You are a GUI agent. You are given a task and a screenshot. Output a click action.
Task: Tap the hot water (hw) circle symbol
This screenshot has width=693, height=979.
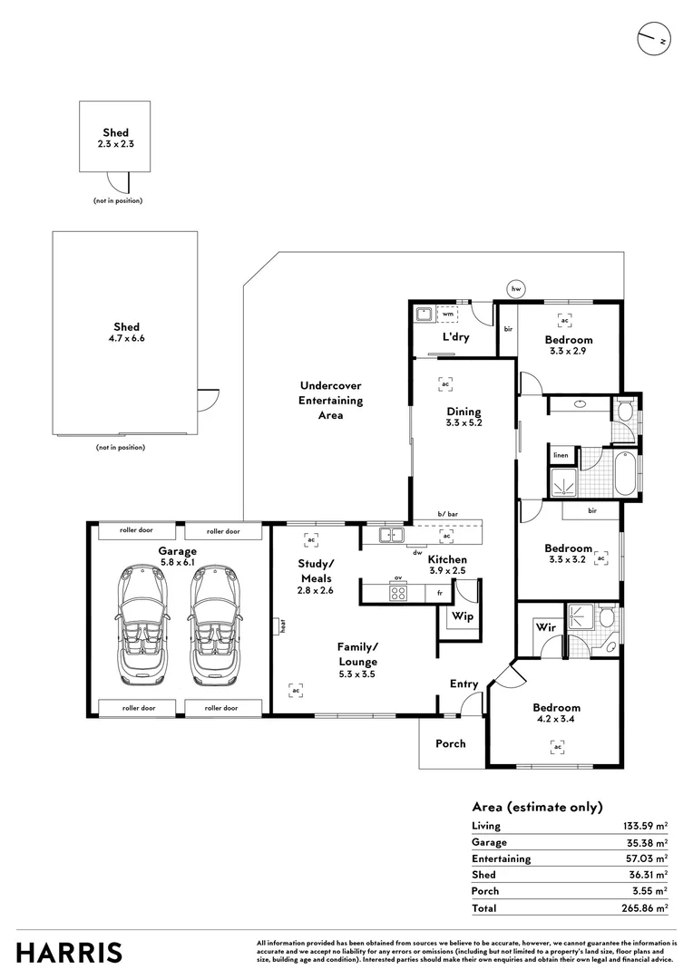[517, 288]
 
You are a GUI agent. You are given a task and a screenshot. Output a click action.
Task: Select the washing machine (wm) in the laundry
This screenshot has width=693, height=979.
[447, 315]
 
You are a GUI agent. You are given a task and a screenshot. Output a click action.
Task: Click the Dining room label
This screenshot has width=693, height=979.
[463, 412]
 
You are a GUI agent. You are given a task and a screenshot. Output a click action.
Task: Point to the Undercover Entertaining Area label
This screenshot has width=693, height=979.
[331, 400]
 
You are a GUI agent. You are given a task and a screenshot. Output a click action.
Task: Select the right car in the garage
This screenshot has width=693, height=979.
[215, 626]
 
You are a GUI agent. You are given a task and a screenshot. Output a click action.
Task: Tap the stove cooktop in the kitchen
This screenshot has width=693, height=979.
[398, 593]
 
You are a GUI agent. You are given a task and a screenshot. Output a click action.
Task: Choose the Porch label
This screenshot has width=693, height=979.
[450, 743]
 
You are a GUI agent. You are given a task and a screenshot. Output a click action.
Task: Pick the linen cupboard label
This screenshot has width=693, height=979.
[561, 455]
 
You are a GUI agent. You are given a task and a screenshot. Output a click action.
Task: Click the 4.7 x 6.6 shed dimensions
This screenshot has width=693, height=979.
[126, 339]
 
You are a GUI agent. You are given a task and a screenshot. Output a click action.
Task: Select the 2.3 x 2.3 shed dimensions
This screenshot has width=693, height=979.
[115, 143]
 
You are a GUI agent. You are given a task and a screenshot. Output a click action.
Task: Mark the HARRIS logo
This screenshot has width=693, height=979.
[69, 953]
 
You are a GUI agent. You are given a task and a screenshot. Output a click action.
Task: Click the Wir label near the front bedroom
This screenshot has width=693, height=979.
[545, 626]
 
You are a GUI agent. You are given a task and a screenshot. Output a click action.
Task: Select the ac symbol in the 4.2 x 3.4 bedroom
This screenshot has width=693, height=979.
[557, 747]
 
